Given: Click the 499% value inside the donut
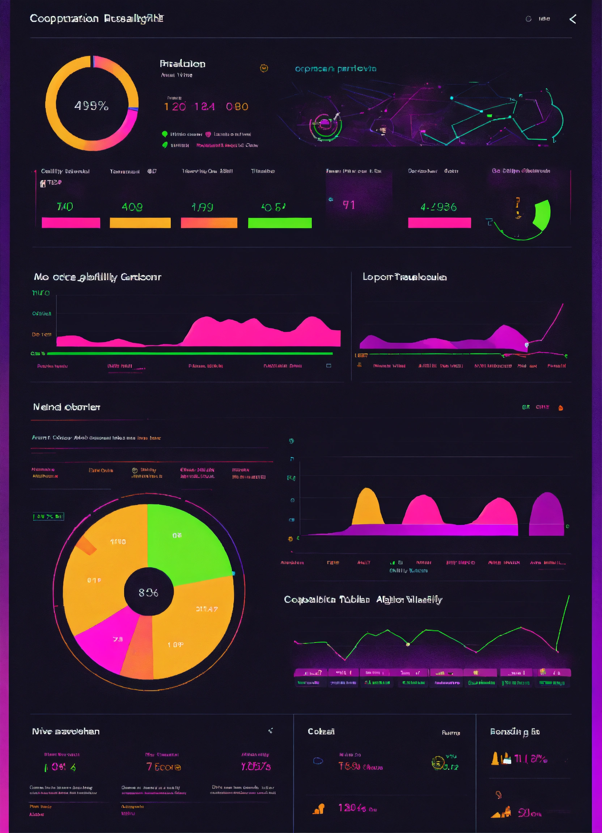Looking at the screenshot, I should pos(91,106).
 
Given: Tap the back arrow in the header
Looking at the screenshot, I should pos(573,19).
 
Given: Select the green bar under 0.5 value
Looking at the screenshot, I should pos(280,223).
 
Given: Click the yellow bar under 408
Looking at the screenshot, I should pos(140,223).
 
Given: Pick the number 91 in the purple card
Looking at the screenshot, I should pos(349,205).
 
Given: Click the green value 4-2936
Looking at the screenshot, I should pos(438,207).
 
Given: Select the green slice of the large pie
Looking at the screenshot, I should pos(184,540).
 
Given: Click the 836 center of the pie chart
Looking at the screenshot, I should pos(148,593).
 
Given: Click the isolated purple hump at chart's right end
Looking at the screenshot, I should pos(546,514).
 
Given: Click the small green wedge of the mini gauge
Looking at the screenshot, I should pos(542,214).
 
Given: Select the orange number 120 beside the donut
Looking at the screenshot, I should pos(175,107).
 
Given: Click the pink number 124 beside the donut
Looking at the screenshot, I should pos(204,107).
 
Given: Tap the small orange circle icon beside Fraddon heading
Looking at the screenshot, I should pos(264,68).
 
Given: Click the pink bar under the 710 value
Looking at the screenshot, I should pos(71,223).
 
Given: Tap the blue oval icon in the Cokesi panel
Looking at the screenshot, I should pos(318,761).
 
